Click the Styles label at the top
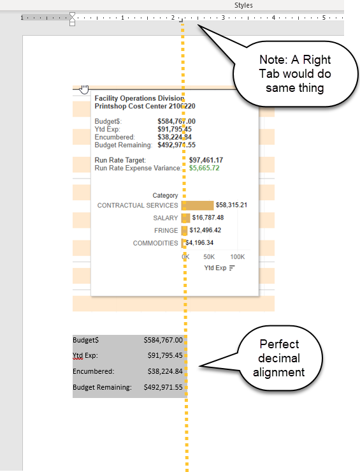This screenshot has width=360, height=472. [243, 5]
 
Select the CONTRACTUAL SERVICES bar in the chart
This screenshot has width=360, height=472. [197, 205]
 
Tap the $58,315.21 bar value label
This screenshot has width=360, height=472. [231, 205]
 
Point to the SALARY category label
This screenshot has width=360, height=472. [166, 218]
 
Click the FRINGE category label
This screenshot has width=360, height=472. [166, 230]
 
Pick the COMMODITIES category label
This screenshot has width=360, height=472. [155, 243]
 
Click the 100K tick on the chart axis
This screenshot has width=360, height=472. [237, 256]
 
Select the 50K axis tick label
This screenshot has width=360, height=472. [210, 256]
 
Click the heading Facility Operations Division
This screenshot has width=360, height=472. [139, 98]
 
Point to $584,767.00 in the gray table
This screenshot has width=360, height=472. [163, 341]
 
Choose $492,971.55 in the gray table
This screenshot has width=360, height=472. [163, 387]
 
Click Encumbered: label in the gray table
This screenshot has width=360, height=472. [93, 371]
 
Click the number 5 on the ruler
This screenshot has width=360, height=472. [324, 18]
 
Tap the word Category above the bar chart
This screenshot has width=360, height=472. [165, 195]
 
